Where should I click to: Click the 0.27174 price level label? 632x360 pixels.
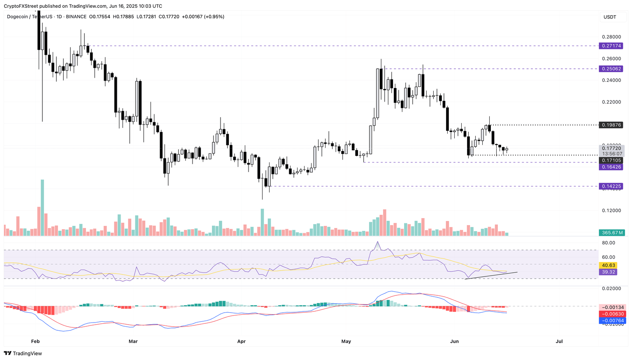[611, 46]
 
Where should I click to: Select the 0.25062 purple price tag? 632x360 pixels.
[611, 69]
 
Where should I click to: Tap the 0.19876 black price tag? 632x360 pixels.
[611, 125]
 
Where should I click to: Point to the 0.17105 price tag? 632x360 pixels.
[611, 160]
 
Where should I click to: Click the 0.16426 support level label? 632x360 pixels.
[611, 167]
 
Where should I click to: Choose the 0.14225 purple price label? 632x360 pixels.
[611, 186]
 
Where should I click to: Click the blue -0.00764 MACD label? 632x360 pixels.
[612, 321]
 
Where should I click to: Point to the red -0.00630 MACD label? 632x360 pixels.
[612, 314]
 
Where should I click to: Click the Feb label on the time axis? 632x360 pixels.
[35, 341]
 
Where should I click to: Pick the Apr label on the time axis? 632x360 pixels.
[242, 341]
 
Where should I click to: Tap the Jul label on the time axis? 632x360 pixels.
[559, 341]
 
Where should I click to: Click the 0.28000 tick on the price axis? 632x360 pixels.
[611, 37]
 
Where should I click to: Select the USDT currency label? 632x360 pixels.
[609, 17]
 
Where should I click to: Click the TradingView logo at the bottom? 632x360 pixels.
[23, 353]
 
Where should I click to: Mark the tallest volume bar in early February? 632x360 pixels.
[42, 207]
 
